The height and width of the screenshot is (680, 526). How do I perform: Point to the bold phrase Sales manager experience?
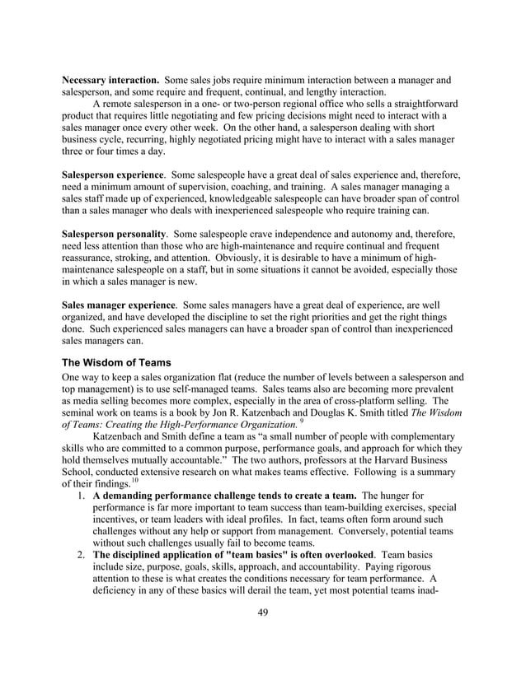(x=119, y=305)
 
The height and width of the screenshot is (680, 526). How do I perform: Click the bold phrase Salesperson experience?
(x=112, y=175)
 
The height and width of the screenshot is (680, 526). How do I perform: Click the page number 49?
(x=263, y=610)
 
